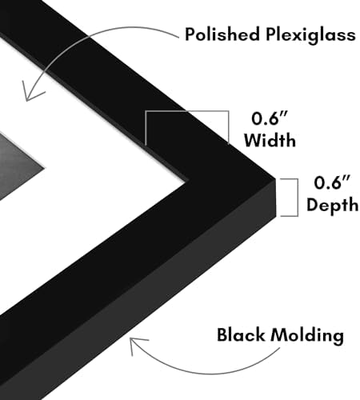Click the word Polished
tap(222, 34)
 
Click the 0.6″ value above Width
tap(269, 118)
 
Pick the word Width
tap(270, 139)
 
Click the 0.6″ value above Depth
tap(332, 182)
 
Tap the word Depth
tap(332, 206)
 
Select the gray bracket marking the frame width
tap(186, 111)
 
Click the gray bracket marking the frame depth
tap(297, 198)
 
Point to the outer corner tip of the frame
tap(274, 178)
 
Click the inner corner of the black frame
tap(186, 182)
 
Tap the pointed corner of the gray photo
tap(44, 168)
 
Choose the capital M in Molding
tap(279, 335)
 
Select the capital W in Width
tap(254, 140)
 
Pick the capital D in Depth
tap(313, 204)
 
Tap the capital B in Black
tap(222, 335)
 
